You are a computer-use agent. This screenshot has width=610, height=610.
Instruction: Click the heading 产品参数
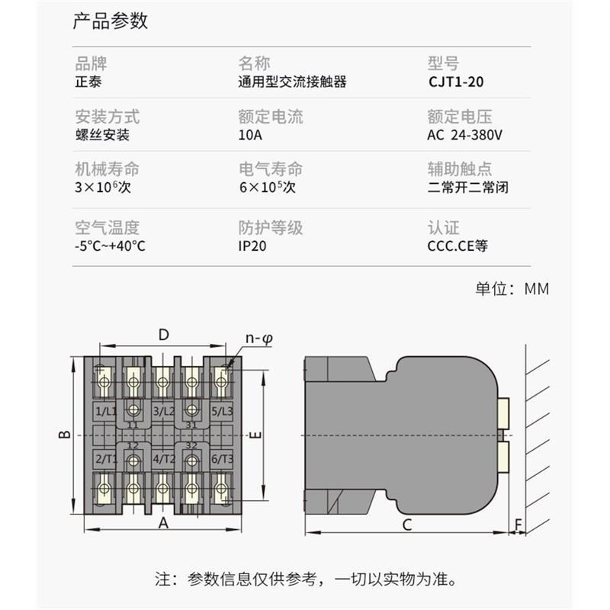(110, 21)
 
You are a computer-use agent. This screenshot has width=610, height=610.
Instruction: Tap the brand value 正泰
(88, 82)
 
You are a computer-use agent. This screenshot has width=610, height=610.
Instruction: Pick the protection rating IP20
(252, 247)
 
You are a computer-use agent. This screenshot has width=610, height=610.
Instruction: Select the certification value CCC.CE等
(457, 247)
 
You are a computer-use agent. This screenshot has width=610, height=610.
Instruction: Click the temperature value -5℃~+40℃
(110, 247)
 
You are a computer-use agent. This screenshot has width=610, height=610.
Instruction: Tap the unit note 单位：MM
(512, 289)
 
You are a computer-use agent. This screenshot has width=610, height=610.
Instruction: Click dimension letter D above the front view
(163, 334)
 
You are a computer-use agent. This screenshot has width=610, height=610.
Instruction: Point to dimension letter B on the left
(66, 435)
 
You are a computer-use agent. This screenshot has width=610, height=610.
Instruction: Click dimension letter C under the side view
(407, 525)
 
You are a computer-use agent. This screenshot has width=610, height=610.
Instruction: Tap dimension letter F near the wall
(519, 525)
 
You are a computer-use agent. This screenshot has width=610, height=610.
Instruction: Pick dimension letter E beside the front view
(257, 435)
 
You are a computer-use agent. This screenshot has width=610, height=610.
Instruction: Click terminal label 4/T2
(162, 459)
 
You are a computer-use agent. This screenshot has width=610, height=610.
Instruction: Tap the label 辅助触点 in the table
(460, 169)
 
